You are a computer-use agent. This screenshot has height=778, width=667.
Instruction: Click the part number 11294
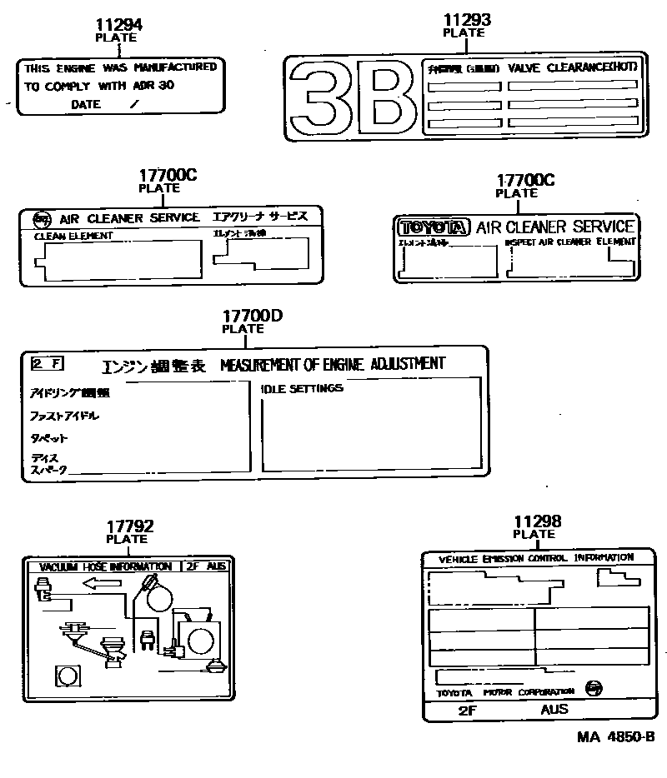click(x=118, y=25)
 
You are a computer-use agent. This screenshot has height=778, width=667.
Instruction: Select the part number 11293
click(x=466, y=20)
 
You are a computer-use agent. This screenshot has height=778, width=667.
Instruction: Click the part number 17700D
click(x=253, y=317)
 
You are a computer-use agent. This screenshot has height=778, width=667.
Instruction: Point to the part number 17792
click(x=129, y=526)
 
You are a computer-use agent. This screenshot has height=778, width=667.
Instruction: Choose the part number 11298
click(x=537, y=521)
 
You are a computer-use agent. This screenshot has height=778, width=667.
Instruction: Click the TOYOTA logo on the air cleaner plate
click(x=434, y=227)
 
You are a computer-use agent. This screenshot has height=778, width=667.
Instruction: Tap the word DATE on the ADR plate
click(x=86, y=105)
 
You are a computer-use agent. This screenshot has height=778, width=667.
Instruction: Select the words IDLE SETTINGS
click(x=301, y=388)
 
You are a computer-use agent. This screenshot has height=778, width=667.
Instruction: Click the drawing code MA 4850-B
click(x=614, y=737)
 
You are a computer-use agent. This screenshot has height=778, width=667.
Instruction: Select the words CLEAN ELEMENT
click(x=73, y=236)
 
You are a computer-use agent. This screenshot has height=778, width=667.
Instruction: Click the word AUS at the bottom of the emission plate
click(x=554, y=709)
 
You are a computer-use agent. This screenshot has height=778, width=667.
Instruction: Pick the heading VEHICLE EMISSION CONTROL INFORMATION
click(x=536, y=558)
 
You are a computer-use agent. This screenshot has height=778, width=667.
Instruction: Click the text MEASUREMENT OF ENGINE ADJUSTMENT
click(x=333, y=363)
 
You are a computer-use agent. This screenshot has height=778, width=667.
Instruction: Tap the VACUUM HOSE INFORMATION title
click(x=104, y=566)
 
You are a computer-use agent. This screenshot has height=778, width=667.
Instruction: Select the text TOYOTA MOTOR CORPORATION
click(x=506, y=692)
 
